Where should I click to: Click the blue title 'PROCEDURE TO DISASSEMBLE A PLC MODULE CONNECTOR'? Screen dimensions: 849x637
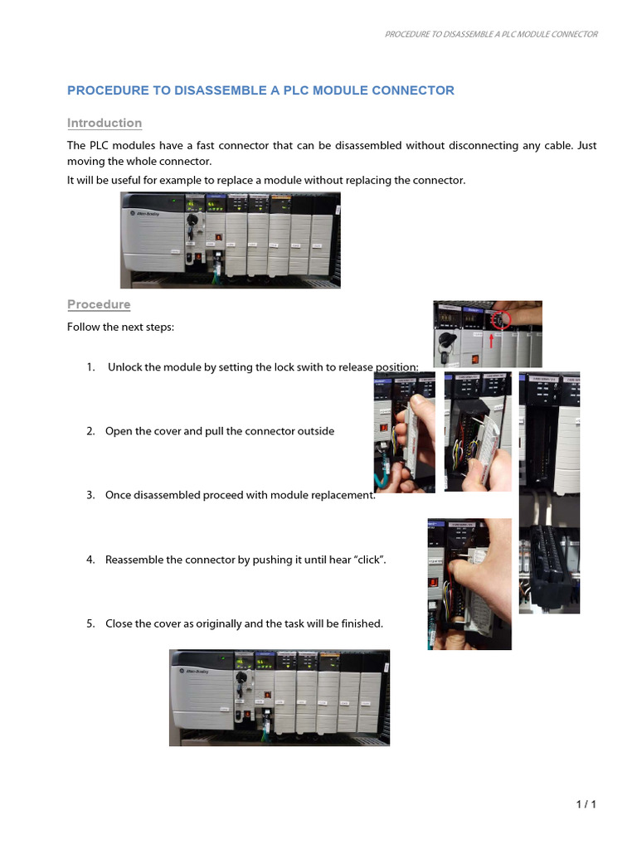(x=260, y=90)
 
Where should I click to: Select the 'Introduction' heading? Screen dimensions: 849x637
(x=105, y=123)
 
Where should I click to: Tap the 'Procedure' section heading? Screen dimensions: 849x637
(x=99, y=304)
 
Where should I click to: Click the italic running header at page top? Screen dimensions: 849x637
(x=491, y=34)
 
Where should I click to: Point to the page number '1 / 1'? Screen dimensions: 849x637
(x=586, y=804)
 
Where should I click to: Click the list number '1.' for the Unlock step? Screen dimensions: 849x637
(x=90, y=367)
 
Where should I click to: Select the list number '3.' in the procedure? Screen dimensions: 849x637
(x=90, y=495)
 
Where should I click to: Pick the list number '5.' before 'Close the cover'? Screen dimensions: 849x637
(x=90, y=623)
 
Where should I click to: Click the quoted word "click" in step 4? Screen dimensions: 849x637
(x=369, y=560)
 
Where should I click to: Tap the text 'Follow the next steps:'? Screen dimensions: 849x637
(x=120, y=327)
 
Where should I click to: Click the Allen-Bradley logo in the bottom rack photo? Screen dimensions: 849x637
(x=191, y=668)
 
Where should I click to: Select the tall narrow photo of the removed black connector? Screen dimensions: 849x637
(x=549, y=492)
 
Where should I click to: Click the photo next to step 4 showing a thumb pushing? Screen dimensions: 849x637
(x=469, y=584)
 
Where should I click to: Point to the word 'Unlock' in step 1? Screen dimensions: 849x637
(x=125, y=367)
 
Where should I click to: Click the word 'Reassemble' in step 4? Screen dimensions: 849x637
(x=134, y=560)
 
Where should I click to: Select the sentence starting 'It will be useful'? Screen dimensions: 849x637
(x=266, y=180)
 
